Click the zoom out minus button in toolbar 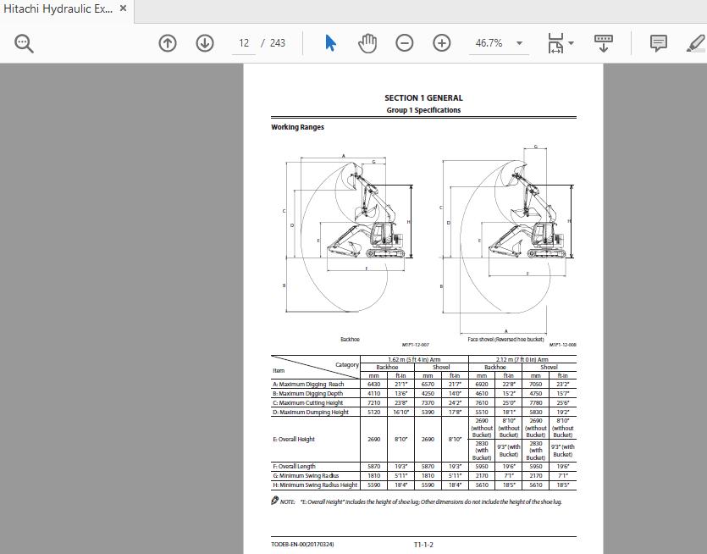405,43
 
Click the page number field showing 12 244,43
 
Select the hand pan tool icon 367,43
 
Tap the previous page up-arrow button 168,43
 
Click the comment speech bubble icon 658,43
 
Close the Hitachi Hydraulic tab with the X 123,9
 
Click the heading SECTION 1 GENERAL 423,98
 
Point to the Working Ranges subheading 297,128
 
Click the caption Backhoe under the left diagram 350,339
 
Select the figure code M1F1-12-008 562,345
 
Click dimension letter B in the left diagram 284,285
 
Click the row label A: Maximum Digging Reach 308,385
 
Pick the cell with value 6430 374,385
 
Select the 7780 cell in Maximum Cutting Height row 536,403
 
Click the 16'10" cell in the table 400,413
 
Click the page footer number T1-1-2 423,544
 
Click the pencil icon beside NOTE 275,501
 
